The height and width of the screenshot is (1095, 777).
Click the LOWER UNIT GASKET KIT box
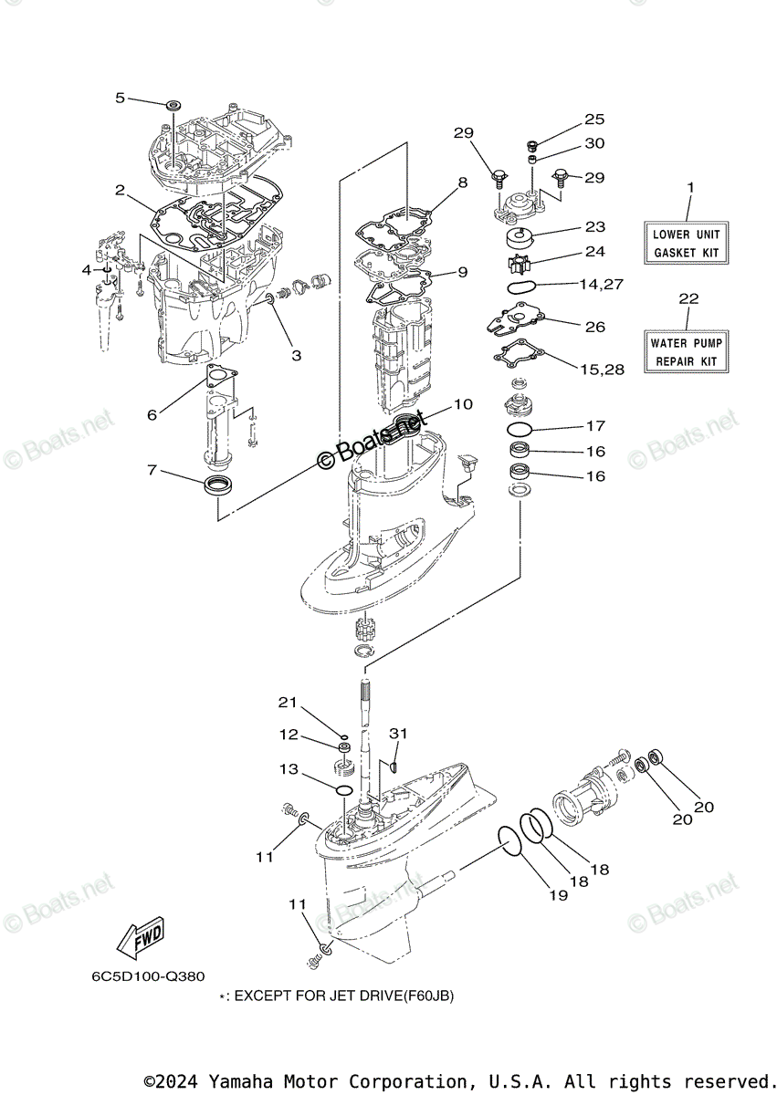687,243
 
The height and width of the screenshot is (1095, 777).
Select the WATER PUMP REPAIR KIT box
687,352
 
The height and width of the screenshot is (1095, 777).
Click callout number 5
120,98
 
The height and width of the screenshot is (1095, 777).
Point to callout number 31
398,733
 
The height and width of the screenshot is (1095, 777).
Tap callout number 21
289,702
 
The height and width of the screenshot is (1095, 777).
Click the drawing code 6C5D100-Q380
148,976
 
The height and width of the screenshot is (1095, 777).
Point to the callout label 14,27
601,285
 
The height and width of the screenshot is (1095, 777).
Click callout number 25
594,120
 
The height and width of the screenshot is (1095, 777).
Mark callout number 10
463,404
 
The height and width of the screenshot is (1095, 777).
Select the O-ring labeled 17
521,429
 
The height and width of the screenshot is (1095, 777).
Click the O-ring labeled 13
343,788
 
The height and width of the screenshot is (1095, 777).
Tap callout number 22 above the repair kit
688,298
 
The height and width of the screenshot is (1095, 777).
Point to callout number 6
152,414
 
